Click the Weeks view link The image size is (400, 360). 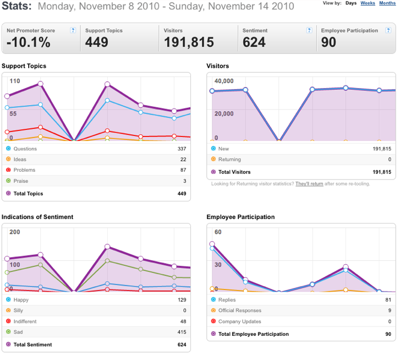click(x=368, y=3)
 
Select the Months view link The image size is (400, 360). click(x=387, y=3)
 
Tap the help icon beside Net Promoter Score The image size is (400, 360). click(x=73, y=30)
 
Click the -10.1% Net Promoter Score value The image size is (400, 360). click(x=28, y=42)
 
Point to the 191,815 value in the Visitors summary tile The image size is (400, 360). click(x=189, y=42)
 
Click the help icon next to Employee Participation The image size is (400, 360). click(x=388, y=30)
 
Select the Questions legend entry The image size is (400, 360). click(x=25, y=149)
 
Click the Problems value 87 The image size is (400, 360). click(x=183, y=170)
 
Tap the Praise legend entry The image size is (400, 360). click(x=21, y=181)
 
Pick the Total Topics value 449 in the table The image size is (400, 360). click(x=182, y=194)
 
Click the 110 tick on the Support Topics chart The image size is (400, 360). click(x=15, y=81)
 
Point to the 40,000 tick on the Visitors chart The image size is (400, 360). click(x=224, y=81)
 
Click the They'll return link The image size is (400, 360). click(x=309, y=184)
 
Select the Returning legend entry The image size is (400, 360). click(x=229, y=160)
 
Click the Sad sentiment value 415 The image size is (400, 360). click(x=182, y=332)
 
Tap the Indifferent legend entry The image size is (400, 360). click(x=25, y=321)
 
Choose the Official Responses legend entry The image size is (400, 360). click(x=240, y=310)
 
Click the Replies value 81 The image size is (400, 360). click(x=388, y=300)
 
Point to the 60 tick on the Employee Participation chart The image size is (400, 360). click(x=218, y=232)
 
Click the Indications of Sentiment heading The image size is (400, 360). click(x=37, y=217)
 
